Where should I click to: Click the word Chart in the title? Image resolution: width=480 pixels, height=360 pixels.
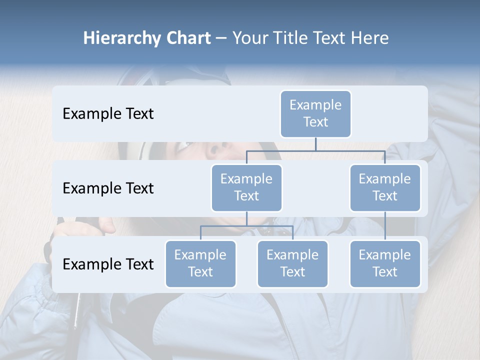[188, 38]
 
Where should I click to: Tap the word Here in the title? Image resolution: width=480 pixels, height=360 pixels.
[369, 38]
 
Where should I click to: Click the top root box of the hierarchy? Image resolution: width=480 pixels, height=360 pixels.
[315, 113]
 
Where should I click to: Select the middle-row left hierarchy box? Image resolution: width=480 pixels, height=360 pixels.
[246, 187]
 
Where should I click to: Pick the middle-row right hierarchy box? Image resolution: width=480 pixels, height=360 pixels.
[385, 187]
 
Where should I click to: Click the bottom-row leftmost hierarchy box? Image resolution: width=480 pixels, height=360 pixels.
[200, 263]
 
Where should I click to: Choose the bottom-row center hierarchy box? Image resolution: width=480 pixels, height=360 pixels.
[292, 263]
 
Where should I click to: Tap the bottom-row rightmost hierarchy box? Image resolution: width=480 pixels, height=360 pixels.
[385, 263]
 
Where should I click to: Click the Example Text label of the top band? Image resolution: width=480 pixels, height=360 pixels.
[108, 113]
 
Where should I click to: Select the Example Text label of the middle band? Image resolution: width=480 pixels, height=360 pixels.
[108, 188]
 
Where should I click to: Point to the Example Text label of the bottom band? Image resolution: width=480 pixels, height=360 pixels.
[108, 264]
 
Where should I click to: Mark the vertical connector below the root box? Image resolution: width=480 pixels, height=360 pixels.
[315, 144]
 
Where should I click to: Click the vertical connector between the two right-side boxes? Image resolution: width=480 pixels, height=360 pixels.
[385, 225]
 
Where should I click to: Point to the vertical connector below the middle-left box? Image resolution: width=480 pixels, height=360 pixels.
[246, 218]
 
